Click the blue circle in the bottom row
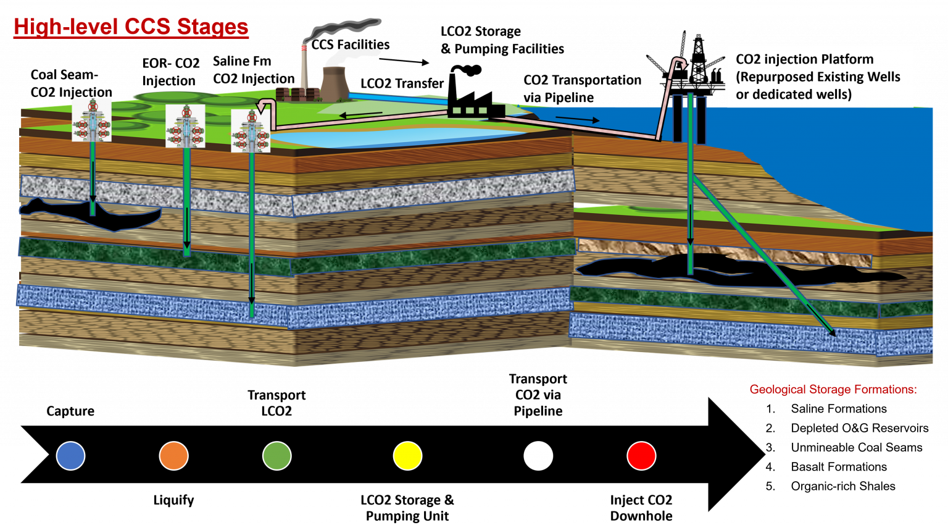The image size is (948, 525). pyautogui.click(x=70, y=456)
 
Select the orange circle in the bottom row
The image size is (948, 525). pyautogui.click(x=173, y=456)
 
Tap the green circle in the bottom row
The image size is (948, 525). pyautogui.click(x=276, y=456)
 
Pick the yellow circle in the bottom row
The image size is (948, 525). pyautogui.click(x=407, y=456)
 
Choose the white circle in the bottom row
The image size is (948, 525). pyautogui.click(x=538, y=456)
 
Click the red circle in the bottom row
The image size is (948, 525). pyautogui.click(x=641, y=456)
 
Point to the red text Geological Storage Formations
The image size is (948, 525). pyautogui.click(x=833, y=389)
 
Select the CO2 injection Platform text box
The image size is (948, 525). pyautogui.click(x=820, y=76)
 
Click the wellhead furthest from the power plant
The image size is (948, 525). pyautogui.click(x=92, y=120)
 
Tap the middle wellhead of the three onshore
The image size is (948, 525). pyautogui.click(x=185, y=126)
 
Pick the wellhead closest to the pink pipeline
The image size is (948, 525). pyautogui.click(x=251, y=130)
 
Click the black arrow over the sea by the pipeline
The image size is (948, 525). pyautogui.click(x=577, y=119)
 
